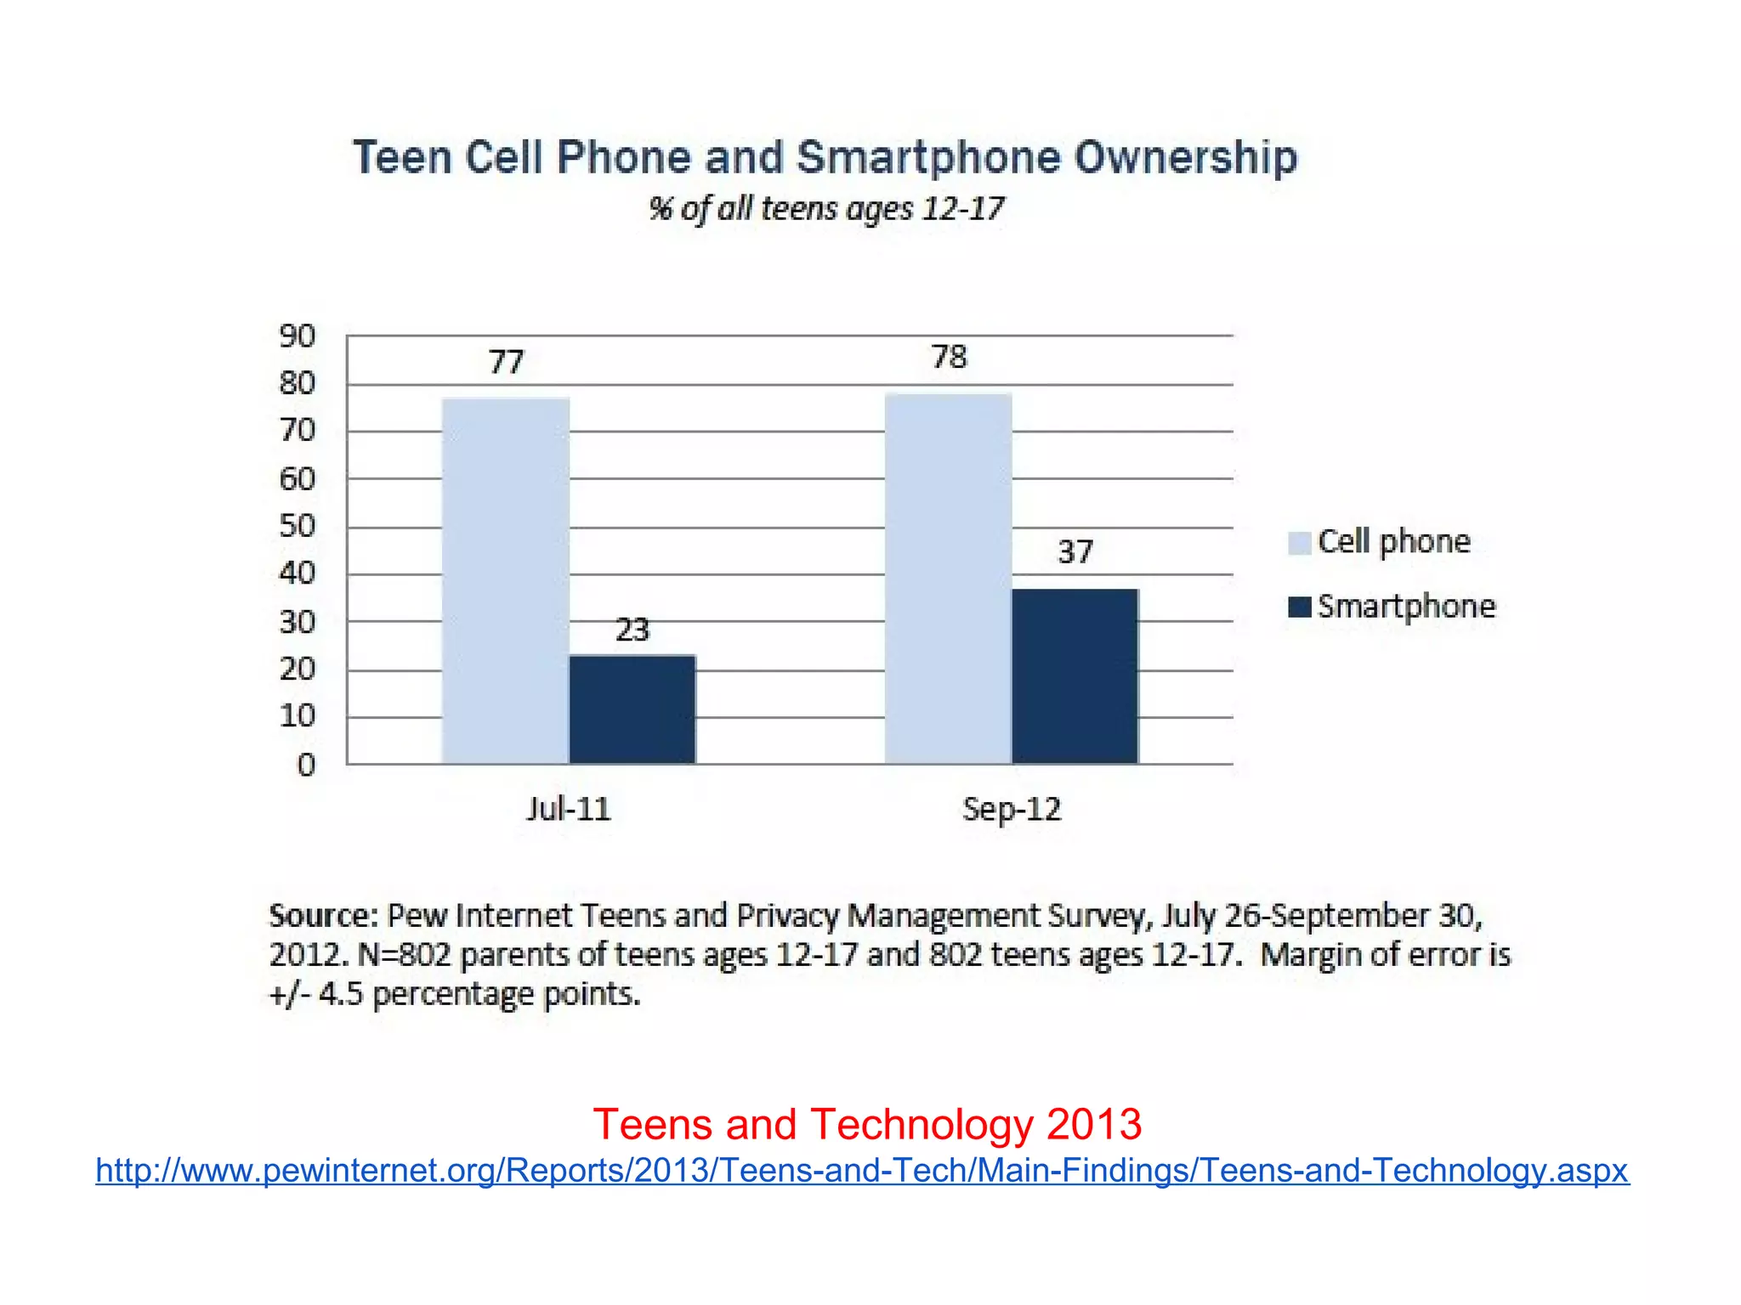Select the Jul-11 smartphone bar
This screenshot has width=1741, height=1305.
pyautogui.click(x=632, y=709)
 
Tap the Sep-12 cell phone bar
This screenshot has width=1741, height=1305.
pyautogui.click(x=948, y=578)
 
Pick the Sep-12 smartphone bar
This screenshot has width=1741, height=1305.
pyautogui.click(x=1075, y=676)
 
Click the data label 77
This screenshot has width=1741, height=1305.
pyautogui.click(x=506, y=363)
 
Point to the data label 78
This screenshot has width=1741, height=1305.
pyautogui.click(x=949, y=357)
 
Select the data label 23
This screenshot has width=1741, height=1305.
pyautogui.click(x=632, y=630)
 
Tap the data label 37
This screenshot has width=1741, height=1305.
pyautogui.click(x=1075, y=552)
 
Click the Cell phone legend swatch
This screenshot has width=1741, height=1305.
pyautogui.click(x=1299, y=543)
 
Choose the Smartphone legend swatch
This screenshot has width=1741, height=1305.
pyautogui.click(x=1299, y=607)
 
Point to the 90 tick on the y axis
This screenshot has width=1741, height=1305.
pyautogui.click(x=298, y=336)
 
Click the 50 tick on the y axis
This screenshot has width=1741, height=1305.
pyautogui.click(x=298, y=527)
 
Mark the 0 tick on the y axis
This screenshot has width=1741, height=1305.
pyautogui.click(x=306, y=765)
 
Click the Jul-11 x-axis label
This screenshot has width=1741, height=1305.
pyautogui.click(x=568, y=809)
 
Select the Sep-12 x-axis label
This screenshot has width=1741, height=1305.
pyautogui.click(x=1012, y=809)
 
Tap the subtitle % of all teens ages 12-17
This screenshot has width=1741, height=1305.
pyautogui.click(x=826, y=209)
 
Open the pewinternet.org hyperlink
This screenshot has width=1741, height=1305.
pyautogui.click(x=862, y=1171)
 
